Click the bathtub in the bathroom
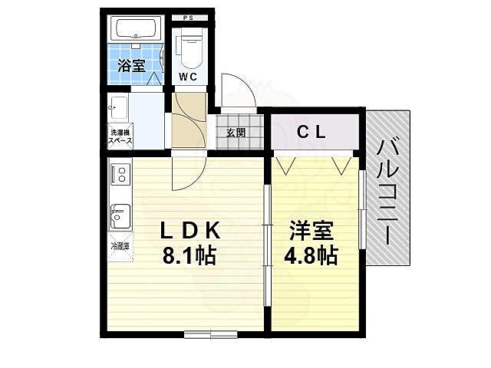click(135, 31)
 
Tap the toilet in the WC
click(189, 48)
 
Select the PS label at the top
click(188, 18)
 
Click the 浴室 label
click(131, 66)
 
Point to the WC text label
click(189, 77)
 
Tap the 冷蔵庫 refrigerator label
click(120, 247)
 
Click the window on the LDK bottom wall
click(210, 333)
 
